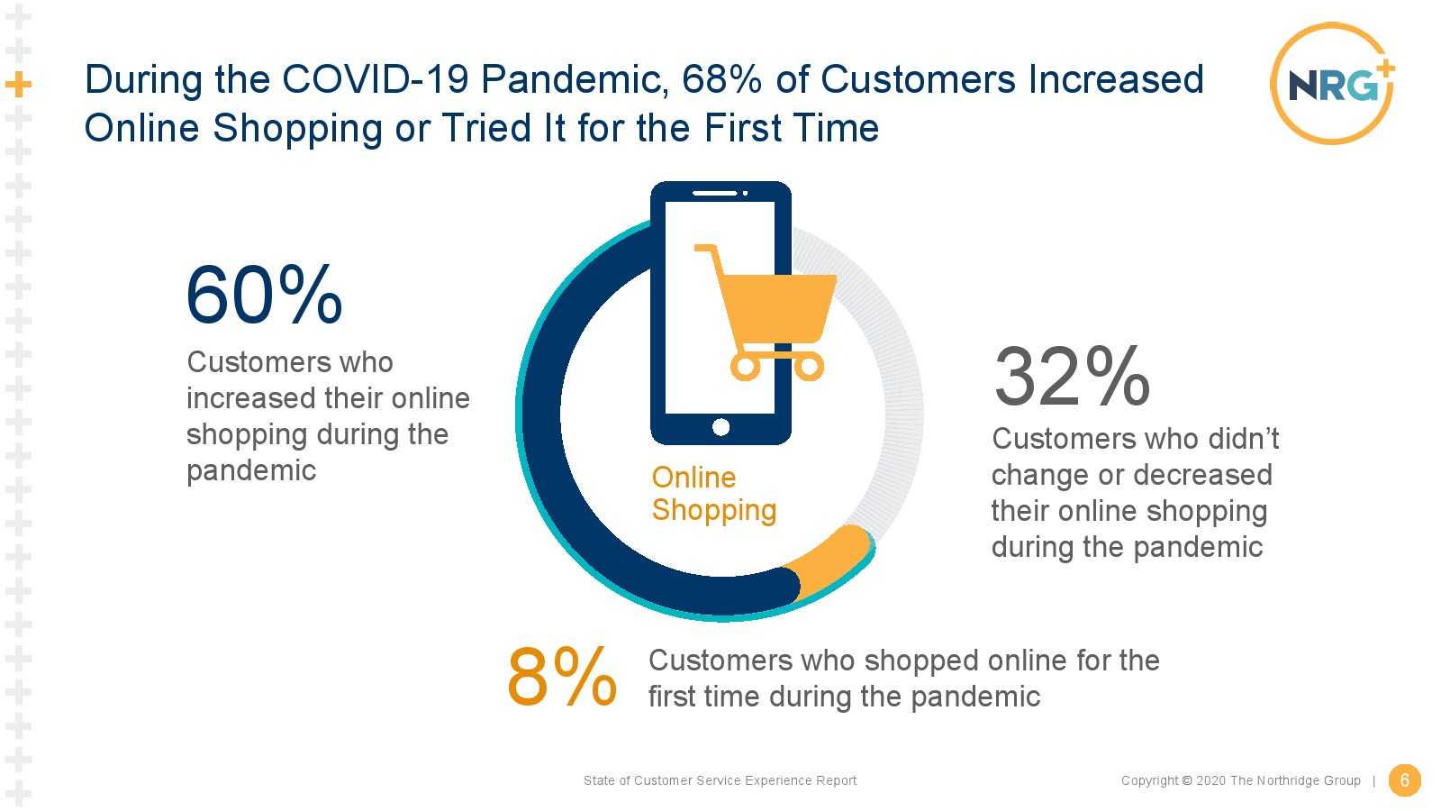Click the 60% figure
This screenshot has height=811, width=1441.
(x=264, y=295)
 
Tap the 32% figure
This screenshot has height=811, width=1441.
(x=1072, y=377)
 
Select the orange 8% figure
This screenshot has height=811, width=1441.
(x=562, y=677)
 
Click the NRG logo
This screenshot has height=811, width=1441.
(x=1333, y=83)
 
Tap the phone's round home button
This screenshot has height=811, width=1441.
(x=721, y=427)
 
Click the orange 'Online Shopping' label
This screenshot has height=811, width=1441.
(x=714, y=494)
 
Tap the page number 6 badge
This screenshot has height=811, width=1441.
(x=1404, y=780)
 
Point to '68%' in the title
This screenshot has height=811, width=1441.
(x=721, y=79)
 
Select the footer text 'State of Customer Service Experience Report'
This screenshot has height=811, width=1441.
(x=720, y=780)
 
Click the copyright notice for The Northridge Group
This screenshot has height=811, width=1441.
(x=1241, y=780)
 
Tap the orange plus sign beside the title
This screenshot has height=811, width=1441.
(x=19, y=85)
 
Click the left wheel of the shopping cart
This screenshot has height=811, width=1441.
(x=745, y=367)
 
